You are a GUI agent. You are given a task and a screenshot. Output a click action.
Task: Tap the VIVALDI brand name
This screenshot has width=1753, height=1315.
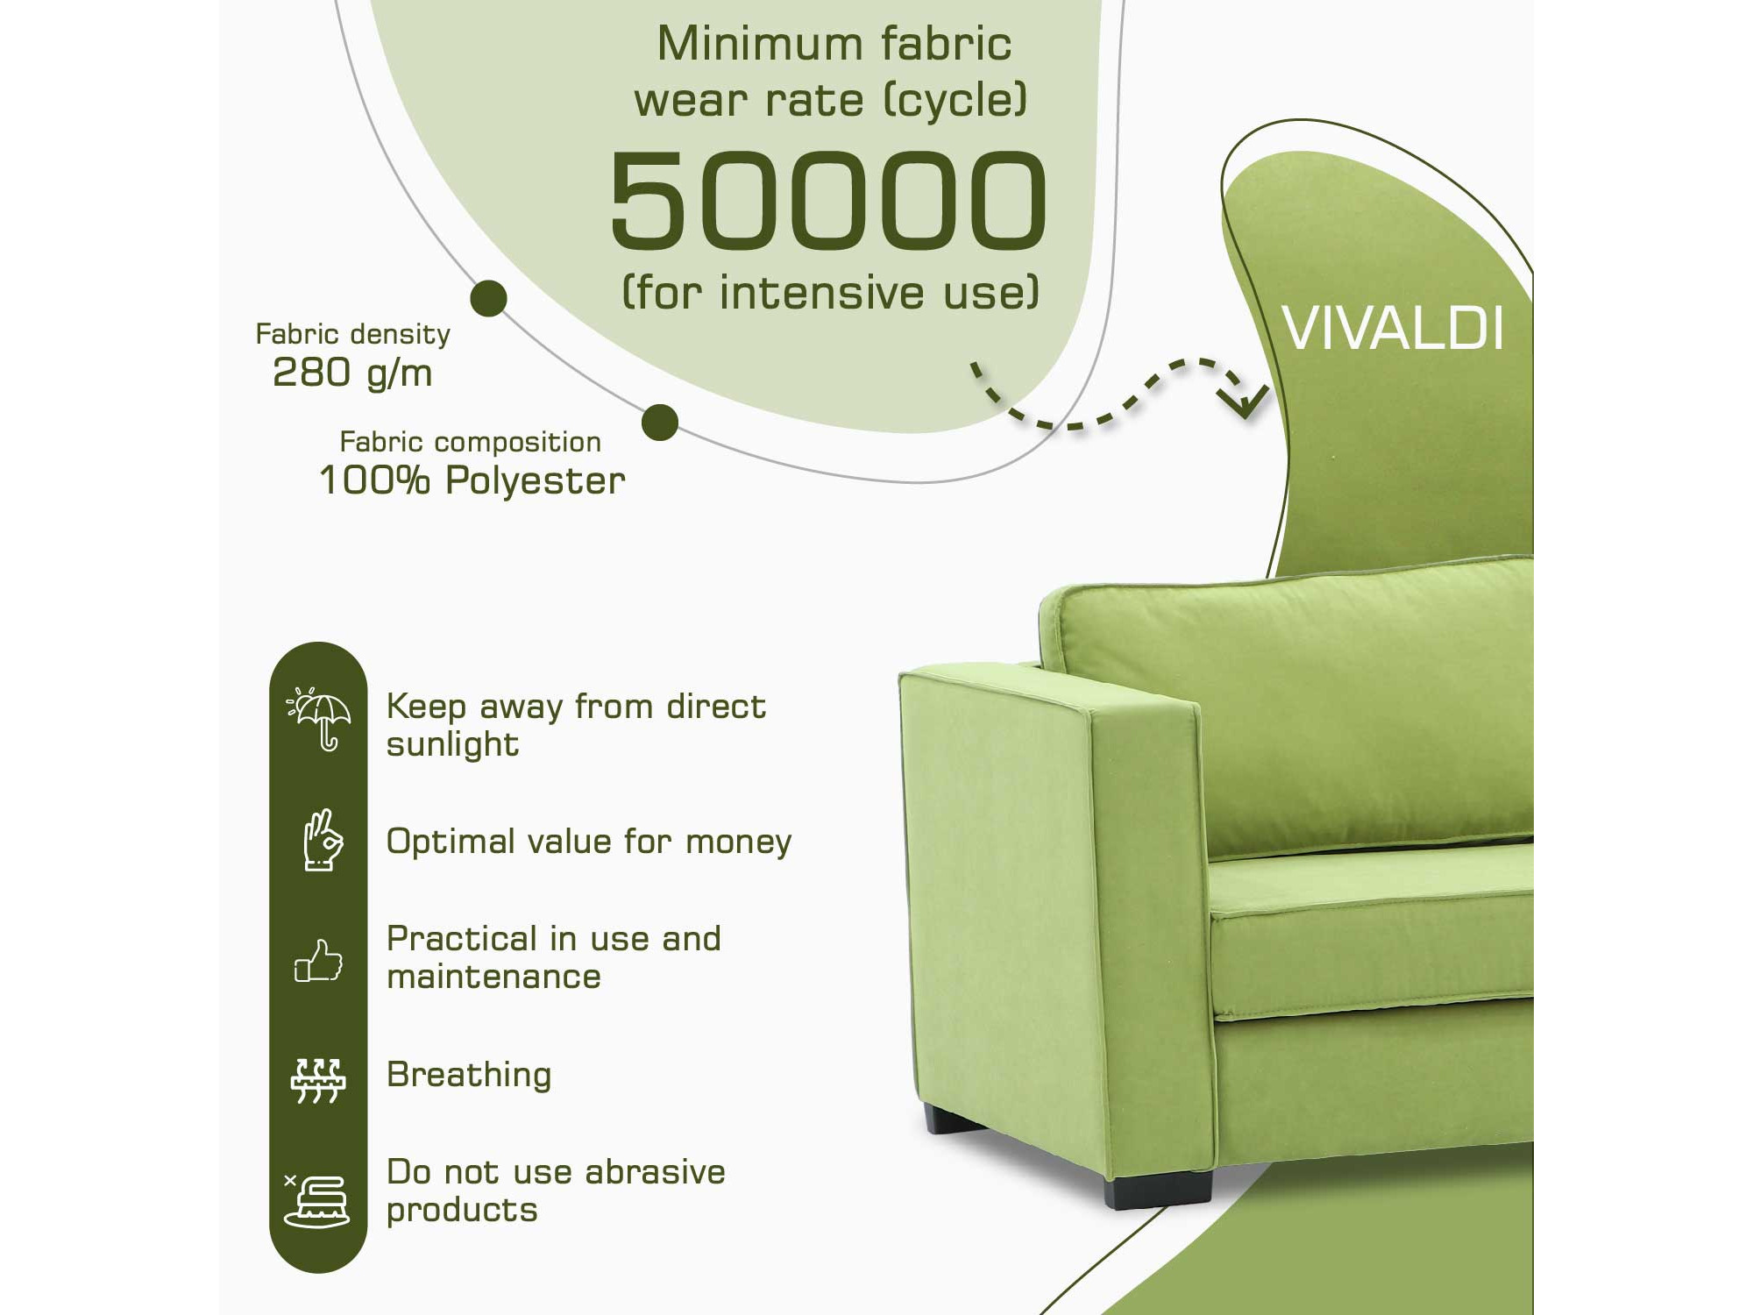[1393, 329]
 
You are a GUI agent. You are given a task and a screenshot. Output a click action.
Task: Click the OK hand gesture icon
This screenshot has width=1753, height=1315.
[322, 840]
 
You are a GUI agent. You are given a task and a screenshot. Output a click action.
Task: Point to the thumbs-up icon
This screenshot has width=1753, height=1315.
[318, 961]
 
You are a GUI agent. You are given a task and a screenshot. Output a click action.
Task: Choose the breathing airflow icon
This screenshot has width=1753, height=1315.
[318, 1081]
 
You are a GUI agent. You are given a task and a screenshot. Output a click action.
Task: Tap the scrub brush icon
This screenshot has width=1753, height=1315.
[316, 1200]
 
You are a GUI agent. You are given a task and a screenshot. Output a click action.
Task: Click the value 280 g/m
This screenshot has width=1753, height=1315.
[352, 373]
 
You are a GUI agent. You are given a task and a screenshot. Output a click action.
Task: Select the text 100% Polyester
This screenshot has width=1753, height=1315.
[472, 480]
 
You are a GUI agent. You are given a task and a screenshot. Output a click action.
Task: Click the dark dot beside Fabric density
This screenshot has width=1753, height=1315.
[488, 298]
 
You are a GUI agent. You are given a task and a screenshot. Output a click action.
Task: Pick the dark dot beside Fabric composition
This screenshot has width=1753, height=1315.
[660, 423]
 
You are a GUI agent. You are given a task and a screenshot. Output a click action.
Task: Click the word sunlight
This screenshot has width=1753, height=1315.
[452, 745]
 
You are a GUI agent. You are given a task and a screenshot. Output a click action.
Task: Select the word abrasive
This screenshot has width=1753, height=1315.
[656, 1172]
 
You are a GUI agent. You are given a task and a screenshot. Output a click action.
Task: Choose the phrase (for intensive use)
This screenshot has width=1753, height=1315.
[830, 292]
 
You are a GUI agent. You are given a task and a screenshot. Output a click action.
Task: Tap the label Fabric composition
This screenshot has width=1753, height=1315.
[471, 442]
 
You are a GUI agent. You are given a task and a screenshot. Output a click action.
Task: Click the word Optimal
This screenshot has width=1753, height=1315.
[449, 842]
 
